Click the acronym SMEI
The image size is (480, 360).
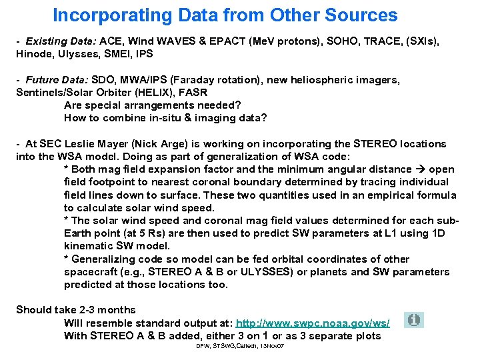click(x=119, y=54)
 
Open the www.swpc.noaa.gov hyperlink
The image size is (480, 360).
click(x=313, y=323)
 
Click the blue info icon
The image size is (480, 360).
click(x=414, y=321)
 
